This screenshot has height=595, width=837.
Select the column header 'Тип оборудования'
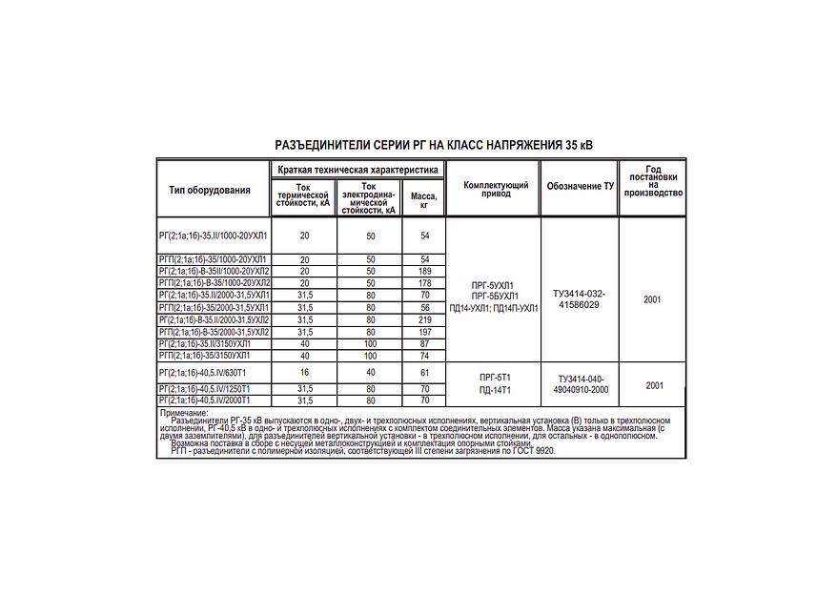210,190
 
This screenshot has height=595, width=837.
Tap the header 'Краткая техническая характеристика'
358,169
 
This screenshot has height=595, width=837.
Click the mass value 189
425,272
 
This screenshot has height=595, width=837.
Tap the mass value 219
425,319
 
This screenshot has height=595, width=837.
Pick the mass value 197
425,332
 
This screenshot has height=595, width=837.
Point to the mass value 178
425,283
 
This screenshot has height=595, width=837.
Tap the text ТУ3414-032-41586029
579,299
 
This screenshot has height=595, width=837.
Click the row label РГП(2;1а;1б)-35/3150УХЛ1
204,355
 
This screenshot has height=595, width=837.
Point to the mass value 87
425,343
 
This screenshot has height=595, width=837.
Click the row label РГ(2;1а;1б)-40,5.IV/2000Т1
205,400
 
